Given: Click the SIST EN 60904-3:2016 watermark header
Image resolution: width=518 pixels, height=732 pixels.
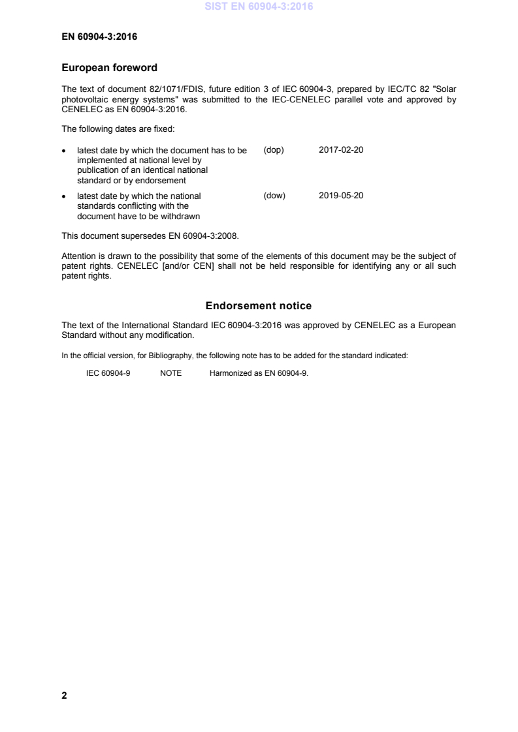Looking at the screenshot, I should [259, 7].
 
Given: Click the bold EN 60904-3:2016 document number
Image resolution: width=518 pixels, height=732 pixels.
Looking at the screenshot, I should [99, 37].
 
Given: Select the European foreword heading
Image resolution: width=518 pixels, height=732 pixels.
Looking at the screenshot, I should [109, 67].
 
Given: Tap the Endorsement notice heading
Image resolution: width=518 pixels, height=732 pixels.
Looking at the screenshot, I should [259, 305].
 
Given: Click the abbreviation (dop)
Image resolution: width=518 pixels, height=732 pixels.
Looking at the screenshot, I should [274, 150].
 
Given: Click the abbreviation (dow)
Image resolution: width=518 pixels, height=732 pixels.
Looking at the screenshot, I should [274, 196].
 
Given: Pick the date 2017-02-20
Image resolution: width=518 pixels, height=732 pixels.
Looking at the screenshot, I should [341, 150].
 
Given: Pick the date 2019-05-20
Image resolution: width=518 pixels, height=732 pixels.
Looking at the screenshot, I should [341, 196].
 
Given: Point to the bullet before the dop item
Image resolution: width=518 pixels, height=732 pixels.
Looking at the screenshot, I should [64, 151].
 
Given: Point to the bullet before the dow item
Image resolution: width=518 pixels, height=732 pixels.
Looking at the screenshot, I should [64, 196].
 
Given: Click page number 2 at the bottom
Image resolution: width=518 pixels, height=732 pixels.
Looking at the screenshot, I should [64, 695].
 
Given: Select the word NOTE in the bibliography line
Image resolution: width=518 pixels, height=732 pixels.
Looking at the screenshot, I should [170, 374].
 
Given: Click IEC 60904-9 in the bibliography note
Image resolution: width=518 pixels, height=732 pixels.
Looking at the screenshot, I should [108, 374].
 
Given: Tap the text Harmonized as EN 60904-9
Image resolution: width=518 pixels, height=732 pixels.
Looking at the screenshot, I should [259, 374].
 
